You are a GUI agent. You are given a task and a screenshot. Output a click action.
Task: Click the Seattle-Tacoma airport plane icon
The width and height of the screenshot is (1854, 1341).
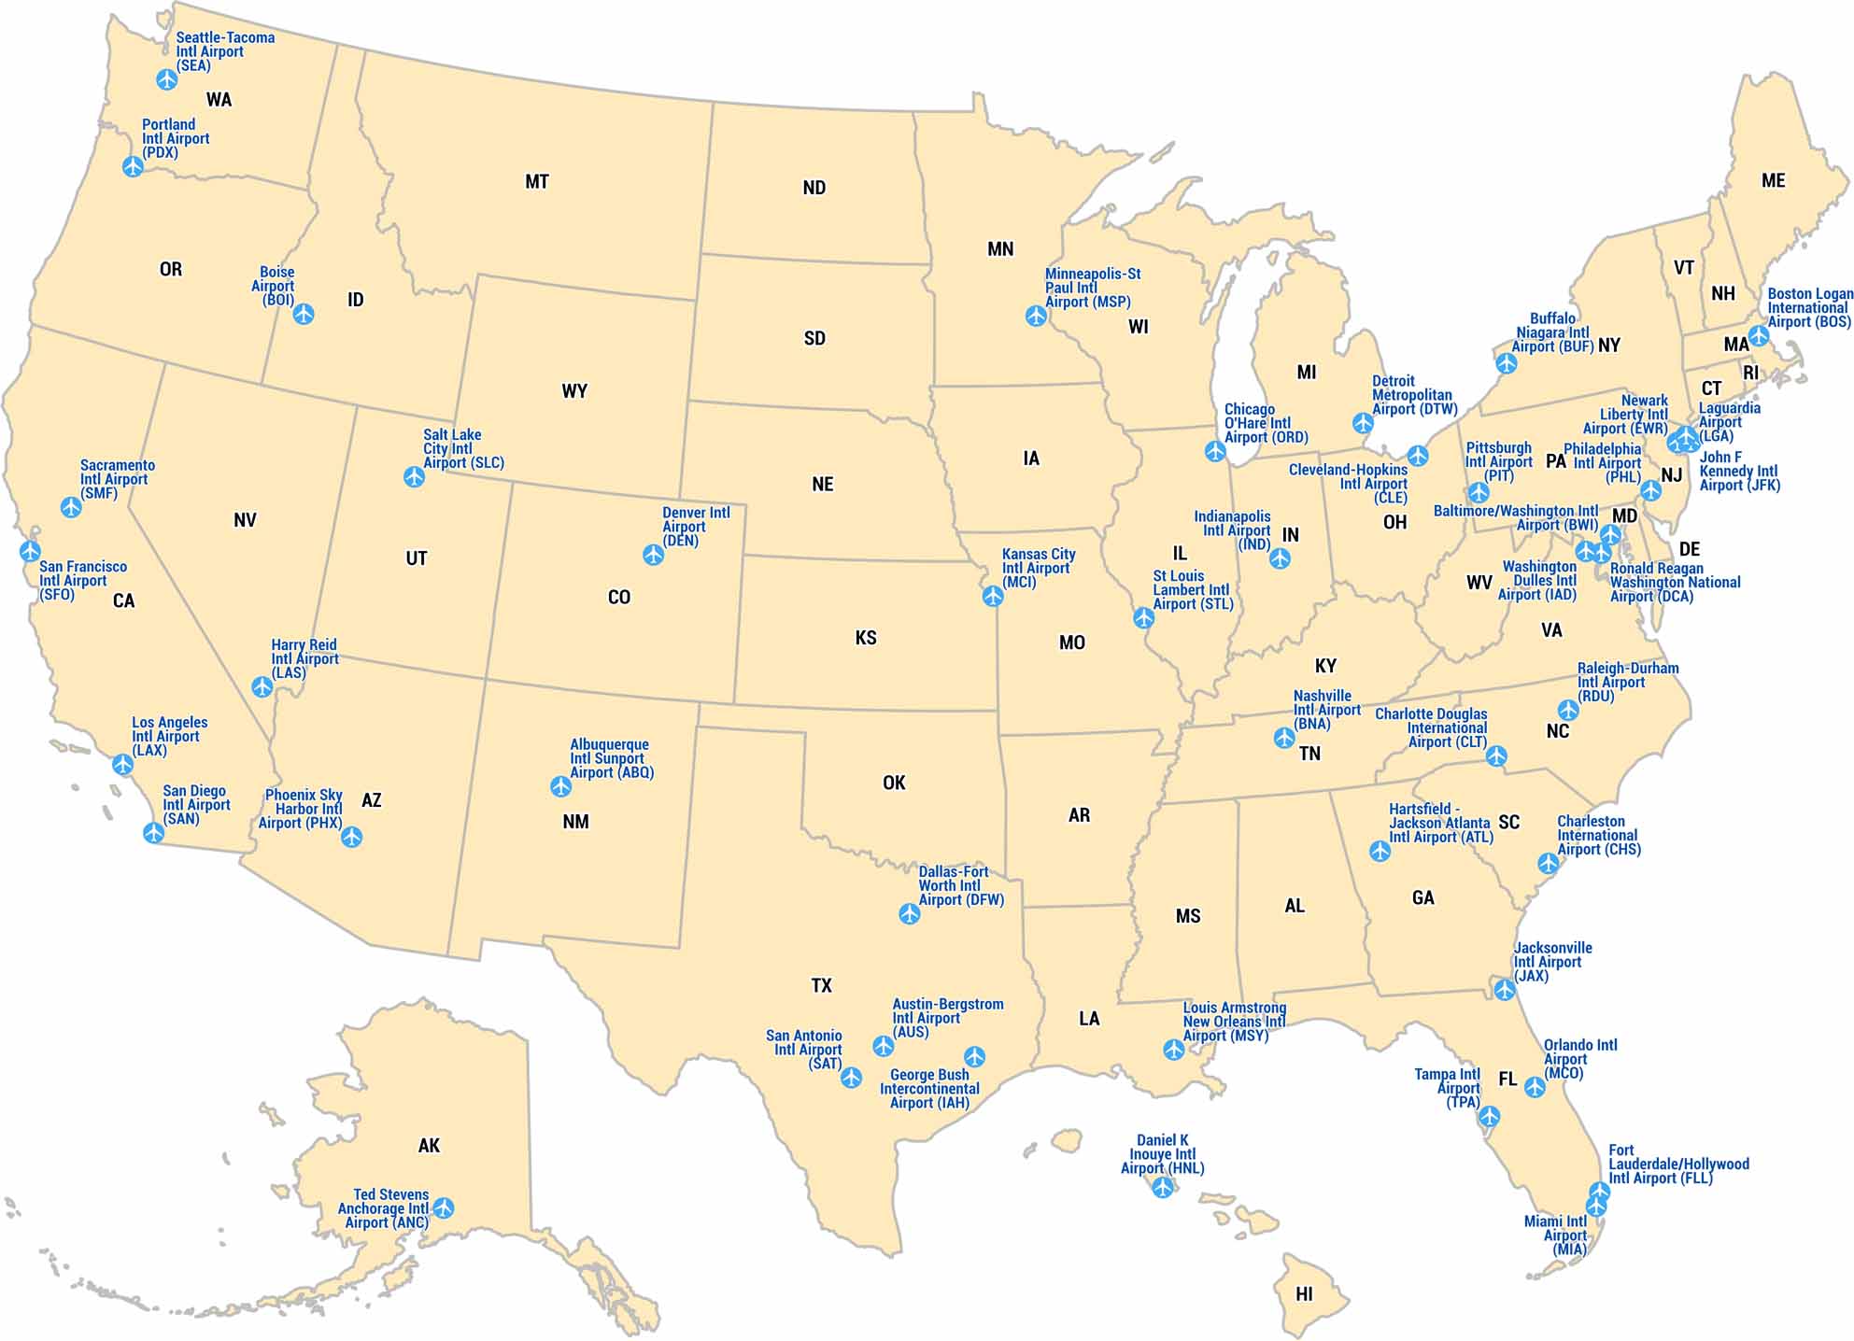167,79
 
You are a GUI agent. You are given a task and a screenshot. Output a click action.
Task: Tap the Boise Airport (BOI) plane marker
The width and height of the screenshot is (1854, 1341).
304,314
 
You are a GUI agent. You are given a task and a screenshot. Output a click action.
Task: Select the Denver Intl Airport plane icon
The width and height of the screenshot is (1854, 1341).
654,555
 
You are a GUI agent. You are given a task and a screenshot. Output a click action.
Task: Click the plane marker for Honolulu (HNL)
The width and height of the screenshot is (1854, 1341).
1162,1187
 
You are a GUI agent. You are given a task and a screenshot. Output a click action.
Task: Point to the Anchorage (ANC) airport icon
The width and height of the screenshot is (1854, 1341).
444,1208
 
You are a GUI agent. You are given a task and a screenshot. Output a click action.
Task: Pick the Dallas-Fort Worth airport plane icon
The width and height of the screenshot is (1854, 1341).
910,913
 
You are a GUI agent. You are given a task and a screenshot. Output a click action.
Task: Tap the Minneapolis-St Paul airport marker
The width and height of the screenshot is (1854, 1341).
1036,316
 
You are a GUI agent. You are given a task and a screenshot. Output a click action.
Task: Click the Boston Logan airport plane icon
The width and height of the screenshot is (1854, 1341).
1759,335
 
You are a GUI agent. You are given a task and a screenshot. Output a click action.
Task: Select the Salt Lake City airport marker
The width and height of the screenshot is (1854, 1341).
414,477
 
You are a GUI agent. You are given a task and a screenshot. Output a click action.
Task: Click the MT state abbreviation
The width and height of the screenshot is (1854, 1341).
537,182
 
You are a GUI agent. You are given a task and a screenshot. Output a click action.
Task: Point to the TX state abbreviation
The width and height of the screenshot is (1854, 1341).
821,985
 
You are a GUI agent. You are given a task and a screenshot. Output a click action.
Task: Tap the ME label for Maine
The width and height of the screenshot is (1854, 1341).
1773,181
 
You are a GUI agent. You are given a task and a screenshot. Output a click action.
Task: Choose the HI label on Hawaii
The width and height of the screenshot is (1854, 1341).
1304,1294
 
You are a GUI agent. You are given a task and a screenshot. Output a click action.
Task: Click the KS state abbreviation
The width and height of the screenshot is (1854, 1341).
866,638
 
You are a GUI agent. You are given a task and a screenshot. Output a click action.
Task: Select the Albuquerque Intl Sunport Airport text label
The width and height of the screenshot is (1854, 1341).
611,758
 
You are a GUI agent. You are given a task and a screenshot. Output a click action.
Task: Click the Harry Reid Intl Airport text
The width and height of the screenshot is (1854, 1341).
304,658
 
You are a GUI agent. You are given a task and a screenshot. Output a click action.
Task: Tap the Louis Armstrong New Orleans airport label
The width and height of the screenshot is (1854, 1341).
1234,1022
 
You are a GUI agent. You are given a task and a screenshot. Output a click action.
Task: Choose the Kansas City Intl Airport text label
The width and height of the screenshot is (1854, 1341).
1038,568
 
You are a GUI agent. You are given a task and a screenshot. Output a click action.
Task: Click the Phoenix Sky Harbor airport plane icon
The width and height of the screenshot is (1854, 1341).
351,837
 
